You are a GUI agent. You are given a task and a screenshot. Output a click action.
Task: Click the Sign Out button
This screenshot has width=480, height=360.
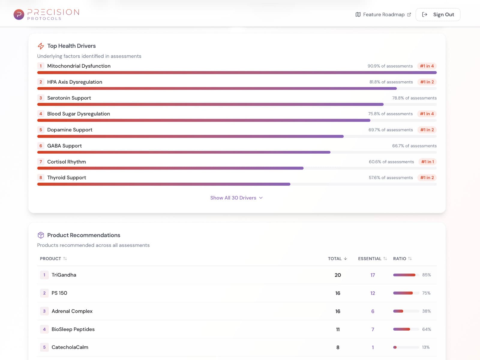pos(438,14)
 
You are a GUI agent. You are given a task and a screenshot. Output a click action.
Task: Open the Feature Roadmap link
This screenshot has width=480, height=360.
pos(383,14)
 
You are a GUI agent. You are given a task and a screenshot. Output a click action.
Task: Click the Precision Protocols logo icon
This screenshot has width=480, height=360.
pos(19,14)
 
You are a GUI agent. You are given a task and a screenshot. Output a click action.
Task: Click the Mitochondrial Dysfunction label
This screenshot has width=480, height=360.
pos(79,66)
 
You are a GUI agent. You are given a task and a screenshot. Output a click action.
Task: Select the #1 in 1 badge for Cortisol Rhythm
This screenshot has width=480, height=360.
pos(427,162)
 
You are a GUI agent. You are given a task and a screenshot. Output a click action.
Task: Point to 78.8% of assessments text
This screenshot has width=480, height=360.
pos(414,98)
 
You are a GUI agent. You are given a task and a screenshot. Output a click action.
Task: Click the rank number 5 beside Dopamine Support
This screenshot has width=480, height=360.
pos(41,130)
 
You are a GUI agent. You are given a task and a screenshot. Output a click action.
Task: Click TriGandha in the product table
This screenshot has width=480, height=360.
pos(64,275)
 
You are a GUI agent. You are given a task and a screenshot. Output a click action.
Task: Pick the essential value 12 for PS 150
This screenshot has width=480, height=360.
pos(373,293)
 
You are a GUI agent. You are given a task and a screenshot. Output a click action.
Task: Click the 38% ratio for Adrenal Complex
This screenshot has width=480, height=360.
pos(426,311)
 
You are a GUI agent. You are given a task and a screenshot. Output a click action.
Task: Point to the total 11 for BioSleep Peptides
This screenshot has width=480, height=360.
pos(338,329)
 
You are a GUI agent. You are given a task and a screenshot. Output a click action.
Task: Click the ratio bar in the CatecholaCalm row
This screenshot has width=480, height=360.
pos(406,347)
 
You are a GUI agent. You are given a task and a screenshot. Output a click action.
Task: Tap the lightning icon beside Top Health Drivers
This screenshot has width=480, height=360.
pos(41,46)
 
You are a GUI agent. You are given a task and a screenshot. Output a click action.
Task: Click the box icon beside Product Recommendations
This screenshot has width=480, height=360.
pos(41,235)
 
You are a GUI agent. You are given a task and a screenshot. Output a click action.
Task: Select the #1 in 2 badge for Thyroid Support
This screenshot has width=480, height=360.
pos(427,178)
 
